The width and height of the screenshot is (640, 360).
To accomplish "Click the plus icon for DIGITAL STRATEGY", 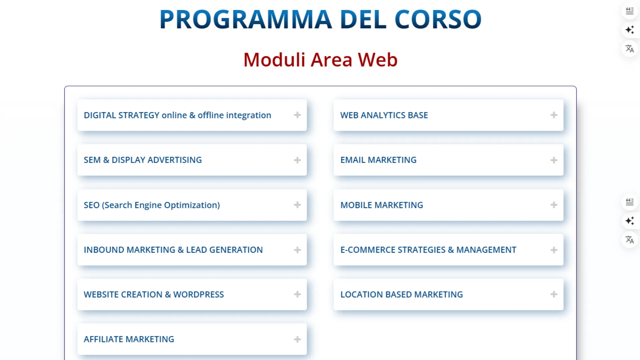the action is (297, 115).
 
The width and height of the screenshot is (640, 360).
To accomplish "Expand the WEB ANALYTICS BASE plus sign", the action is (554, 115).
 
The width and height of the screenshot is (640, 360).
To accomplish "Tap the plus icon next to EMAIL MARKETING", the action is (554, 160).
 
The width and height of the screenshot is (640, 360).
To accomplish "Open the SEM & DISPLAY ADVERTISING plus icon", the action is (297, 160).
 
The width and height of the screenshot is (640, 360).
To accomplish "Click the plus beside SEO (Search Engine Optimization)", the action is (297, 205).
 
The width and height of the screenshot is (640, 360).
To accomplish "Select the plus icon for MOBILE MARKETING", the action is (554, 205).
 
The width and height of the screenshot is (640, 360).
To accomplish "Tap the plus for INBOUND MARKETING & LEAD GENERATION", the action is (297, 250).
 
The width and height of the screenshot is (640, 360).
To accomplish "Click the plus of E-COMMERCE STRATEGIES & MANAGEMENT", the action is (554, 250).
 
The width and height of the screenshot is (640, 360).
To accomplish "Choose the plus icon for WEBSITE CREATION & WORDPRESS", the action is (297, 294).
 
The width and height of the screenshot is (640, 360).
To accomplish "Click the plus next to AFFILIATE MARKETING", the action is (297, 339).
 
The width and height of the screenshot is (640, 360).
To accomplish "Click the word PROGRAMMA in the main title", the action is (246, 19).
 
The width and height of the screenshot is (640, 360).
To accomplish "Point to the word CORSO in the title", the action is (438, 19).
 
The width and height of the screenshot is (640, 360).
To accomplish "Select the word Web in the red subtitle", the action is (378, 60).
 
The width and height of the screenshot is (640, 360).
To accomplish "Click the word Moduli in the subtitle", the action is (274, 60).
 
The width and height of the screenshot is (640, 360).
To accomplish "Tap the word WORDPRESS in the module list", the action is (199, 295).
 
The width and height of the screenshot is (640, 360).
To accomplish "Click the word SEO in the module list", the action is (92, 205).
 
